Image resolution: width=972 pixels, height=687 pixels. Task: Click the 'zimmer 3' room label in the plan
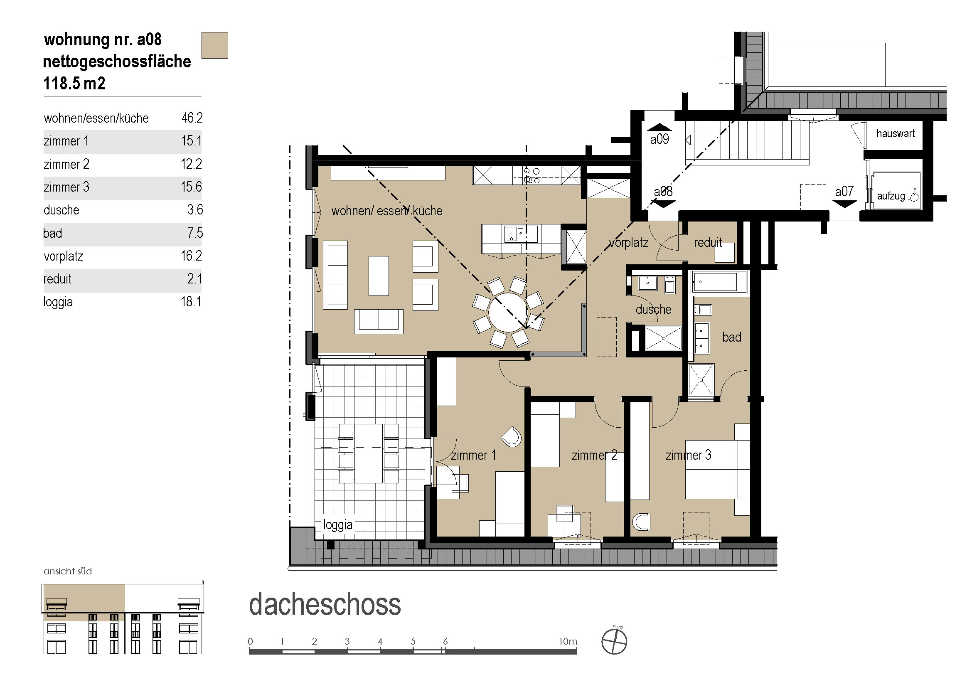pos(688,455)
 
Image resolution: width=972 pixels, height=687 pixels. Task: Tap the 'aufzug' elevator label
pos(891,196)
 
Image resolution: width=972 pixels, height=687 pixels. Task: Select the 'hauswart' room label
pos(896,134)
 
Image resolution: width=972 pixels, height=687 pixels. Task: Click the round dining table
pos(508,313)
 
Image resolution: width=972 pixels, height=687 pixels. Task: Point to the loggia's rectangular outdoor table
pos(369,453)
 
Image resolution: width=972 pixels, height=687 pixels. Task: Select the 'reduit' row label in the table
pos(57,279)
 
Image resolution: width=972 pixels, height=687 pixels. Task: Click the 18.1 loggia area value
pos(191,302)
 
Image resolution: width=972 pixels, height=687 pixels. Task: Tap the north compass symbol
pos(614,641)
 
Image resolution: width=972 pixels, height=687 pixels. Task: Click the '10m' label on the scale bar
pos(568,641)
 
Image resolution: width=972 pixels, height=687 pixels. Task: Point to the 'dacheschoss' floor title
pos(325,604)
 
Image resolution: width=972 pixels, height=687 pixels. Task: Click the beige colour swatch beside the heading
pos(214,45)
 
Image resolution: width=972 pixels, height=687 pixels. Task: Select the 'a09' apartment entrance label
pos(659,139)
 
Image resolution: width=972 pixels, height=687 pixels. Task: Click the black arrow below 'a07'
pos(845,204)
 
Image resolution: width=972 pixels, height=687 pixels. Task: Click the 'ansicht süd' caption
pos(68,571)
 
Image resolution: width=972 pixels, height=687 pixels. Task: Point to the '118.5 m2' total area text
pos(74,84)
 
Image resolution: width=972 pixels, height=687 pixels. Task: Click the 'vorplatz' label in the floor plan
pos(629,243)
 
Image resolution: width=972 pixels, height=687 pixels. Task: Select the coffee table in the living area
pos(379,276)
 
